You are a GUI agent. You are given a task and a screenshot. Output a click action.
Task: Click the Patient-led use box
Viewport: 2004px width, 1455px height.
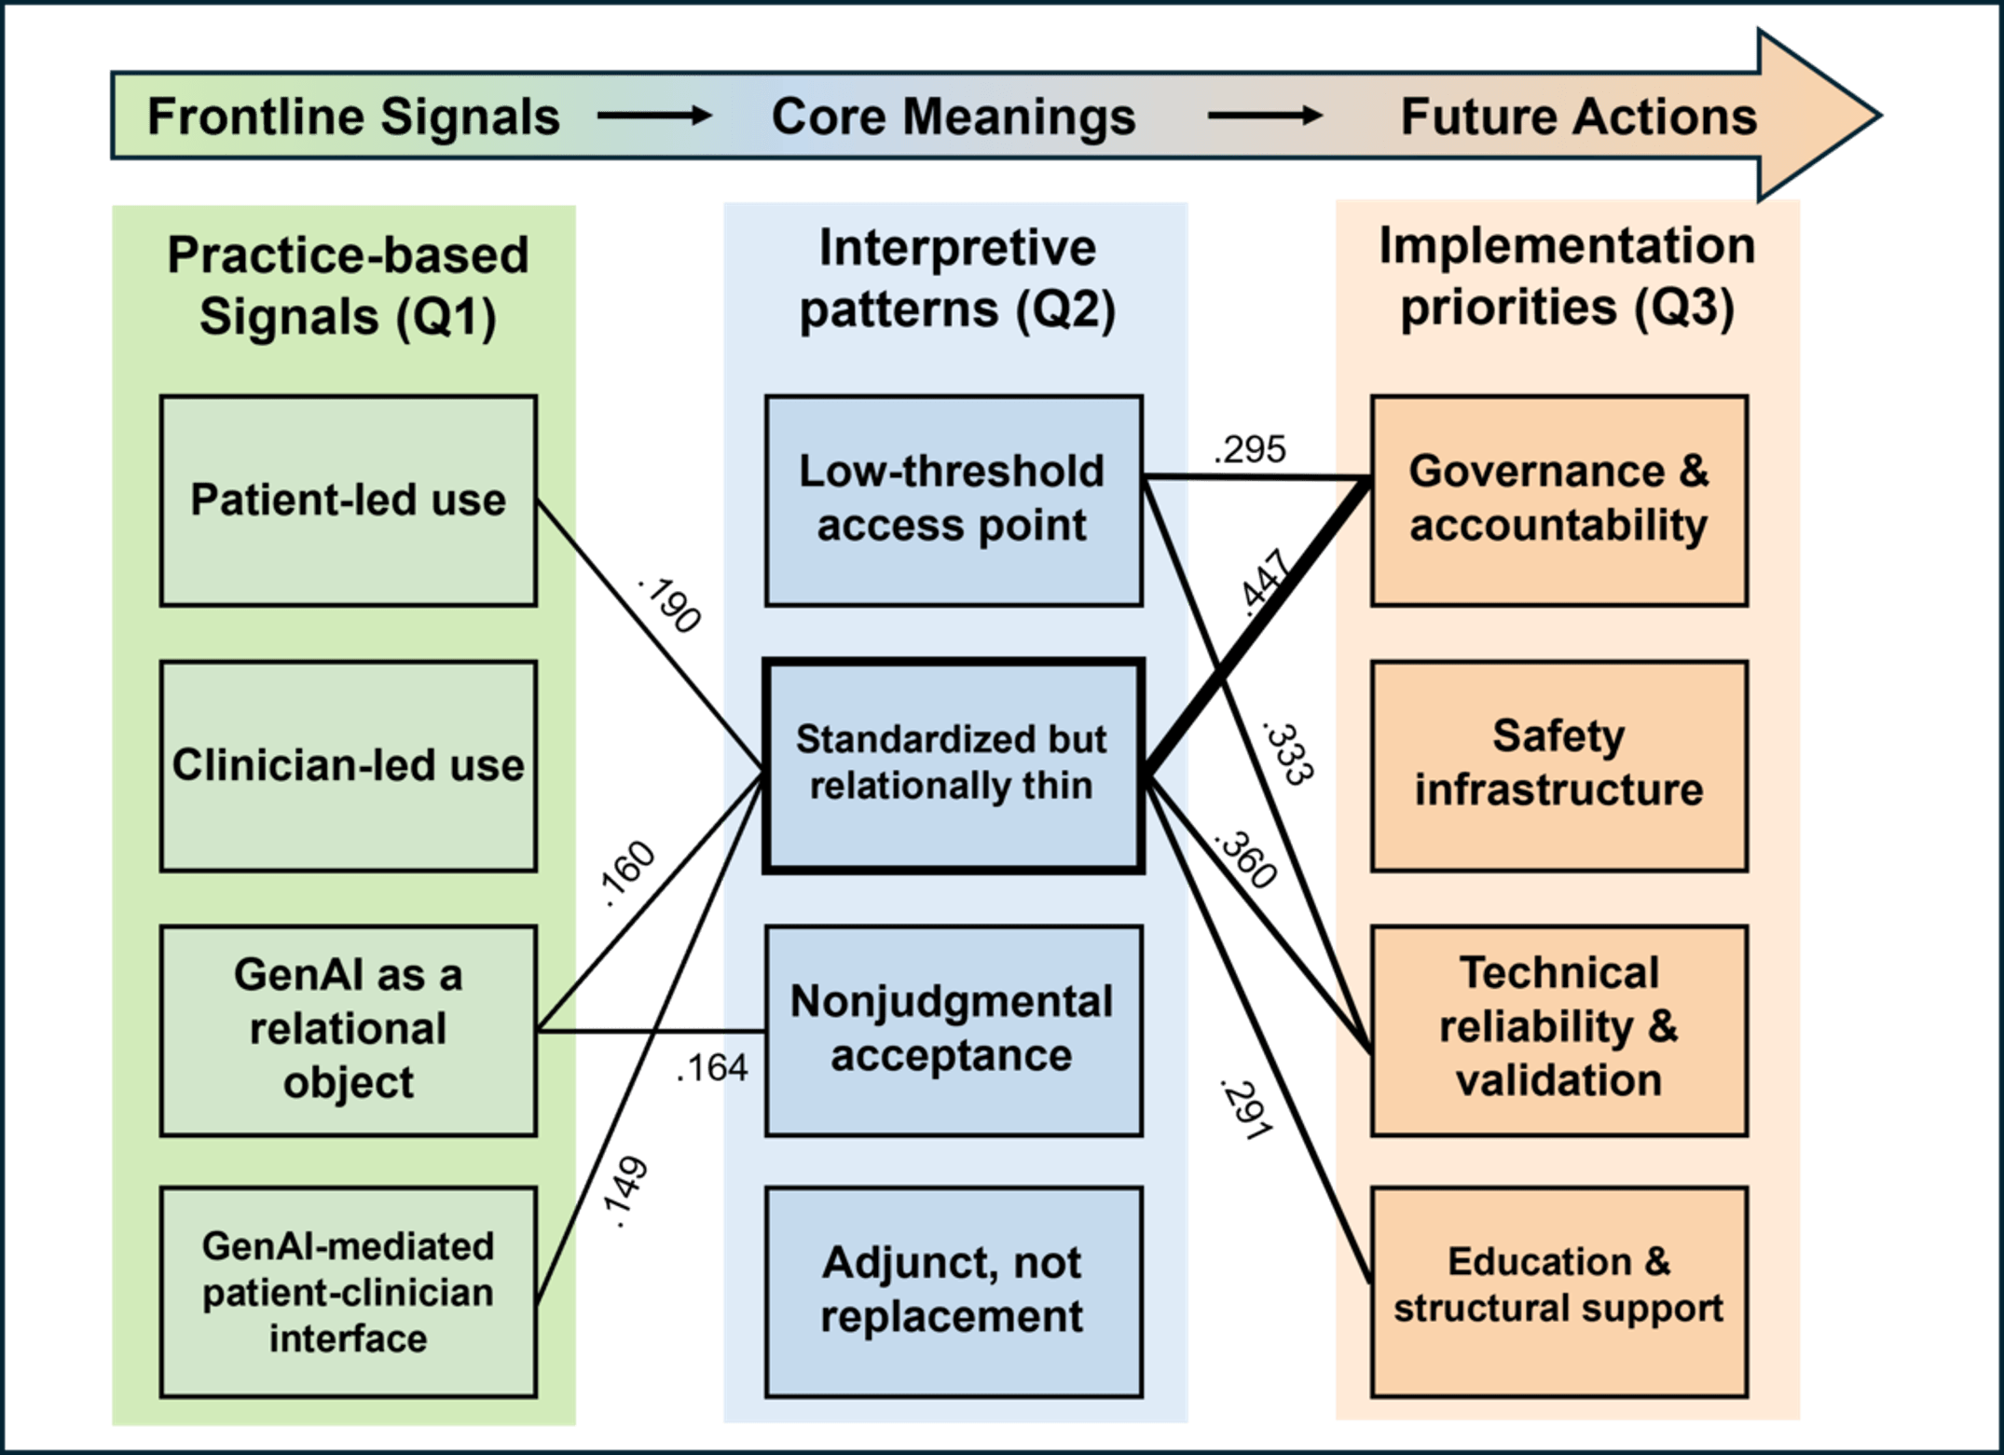348,501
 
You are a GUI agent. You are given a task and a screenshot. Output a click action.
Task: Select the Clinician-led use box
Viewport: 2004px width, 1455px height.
348,766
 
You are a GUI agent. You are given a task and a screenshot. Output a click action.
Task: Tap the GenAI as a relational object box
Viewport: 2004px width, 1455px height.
348,1030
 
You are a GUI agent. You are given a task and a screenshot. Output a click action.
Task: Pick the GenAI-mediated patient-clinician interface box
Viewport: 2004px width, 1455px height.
348,1292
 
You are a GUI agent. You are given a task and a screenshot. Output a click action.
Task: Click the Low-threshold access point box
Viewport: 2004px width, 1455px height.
953,501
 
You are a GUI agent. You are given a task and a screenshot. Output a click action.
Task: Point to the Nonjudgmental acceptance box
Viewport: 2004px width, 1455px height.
953,1030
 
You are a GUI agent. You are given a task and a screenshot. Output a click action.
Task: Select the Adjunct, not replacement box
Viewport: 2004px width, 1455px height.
953,1292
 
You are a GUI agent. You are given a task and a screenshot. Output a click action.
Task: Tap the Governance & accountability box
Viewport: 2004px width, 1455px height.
1558,501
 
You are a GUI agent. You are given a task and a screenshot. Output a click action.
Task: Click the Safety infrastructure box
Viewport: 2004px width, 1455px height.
1558,766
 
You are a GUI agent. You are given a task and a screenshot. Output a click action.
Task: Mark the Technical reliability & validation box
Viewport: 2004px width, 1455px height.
1558,1030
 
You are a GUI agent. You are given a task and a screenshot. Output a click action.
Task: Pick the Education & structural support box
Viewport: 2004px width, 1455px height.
1558,1292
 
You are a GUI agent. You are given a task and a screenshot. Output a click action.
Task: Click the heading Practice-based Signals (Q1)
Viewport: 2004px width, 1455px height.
348,285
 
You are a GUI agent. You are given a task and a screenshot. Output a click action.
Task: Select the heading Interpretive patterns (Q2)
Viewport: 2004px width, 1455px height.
956,279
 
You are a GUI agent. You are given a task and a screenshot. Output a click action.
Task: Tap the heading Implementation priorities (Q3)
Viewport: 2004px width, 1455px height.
1567,277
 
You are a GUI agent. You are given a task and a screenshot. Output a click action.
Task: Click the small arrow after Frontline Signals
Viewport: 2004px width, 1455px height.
654,117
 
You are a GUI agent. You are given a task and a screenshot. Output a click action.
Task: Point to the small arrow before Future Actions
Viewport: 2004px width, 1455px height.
1265,117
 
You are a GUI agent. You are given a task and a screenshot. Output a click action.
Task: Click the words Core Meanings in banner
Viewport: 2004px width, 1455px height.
953,117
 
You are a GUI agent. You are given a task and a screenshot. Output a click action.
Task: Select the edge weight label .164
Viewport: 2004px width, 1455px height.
713,1068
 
